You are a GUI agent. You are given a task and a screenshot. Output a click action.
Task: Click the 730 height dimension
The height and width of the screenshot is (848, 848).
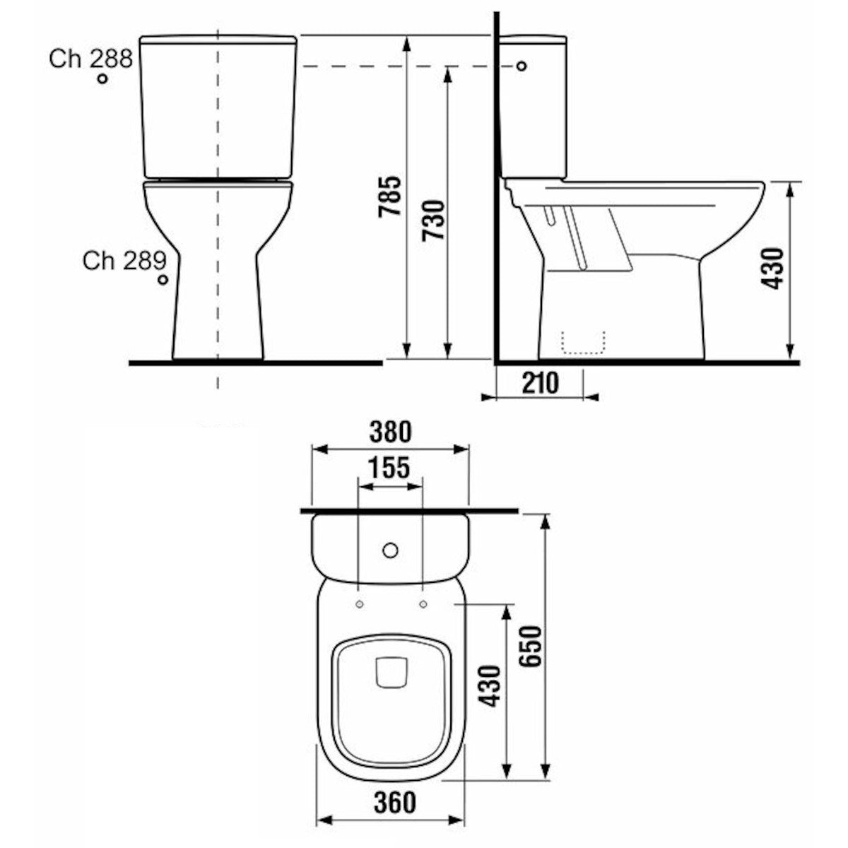pos(434,220)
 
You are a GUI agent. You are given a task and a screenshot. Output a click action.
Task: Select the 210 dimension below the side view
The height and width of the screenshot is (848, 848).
pos(541,382)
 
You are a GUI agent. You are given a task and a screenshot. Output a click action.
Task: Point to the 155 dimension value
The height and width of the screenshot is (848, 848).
pos(389,467)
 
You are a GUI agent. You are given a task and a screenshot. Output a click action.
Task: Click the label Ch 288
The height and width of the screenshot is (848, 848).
pos(90,59)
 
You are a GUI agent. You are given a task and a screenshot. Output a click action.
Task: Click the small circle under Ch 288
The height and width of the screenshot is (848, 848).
pos(103,78)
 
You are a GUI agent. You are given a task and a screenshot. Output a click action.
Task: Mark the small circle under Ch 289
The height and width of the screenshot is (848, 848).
pos(163,280)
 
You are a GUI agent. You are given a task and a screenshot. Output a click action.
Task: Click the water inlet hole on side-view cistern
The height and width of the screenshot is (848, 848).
pos(522,66)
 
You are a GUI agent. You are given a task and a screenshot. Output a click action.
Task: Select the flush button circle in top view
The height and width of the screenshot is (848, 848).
pos(389,549)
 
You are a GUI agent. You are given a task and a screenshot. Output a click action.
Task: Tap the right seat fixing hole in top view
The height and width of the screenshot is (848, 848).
pos(423,604)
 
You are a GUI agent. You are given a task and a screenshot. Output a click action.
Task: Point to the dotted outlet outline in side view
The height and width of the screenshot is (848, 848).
pos(584,342)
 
